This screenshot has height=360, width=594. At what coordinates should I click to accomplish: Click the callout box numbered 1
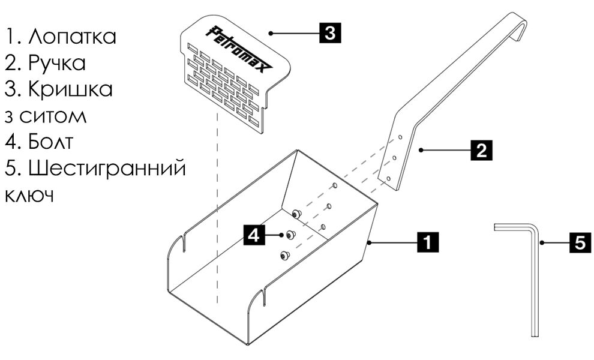427,242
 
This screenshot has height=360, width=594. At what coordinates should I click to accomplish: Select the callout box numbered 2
481,149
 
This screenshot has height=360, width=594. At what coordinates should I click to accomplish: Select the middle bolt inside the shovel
292,235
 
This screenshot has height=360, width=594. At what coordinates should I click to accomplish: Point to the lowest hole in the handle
389,178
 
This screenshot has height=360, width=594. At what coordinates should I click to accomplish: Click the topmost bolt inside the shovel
296,214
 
